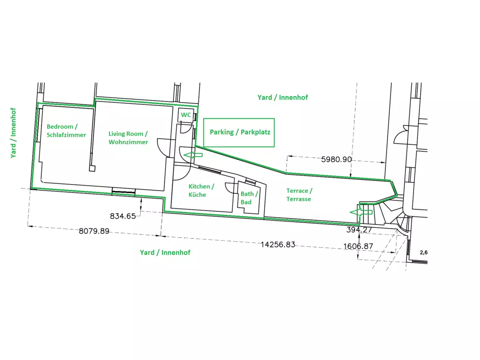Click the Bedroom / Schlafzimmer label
66,131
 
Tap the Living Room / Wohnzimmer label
128,138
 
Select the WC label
186,115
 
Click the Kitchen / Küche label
201,190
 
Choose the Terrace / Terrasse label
299,195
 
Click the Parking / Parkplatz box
239,132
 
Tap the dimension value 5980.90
336,159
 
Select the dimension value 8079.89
94,231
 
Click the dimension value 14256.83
278,244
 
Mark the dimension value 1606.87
358,246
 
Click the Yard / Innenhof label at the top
282,97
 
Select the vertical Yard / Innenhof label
14,133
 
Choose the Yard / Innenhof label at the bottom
165,252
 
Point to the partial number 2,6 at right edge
423,252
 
